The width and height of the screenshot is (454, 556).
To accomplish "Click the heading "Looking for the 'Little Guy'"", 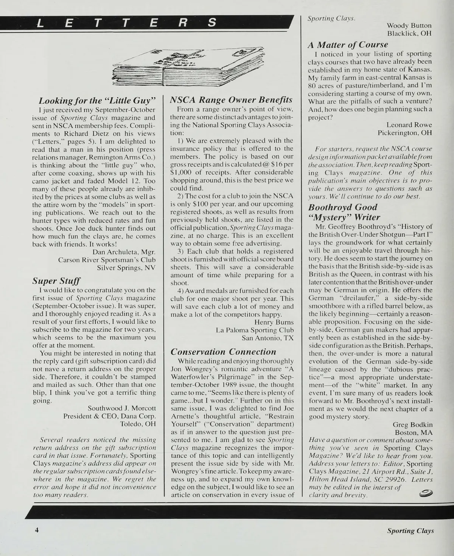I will click(x=98, y=101).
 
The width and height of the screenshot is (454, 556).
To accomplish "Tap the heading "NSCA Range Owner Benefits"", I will click(x=231, y=100).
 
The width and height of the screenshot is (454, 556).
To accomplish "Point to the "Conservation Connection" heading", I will click(x=224, y=351).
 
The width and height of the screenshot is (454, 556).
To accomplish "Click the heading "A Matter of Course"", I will click(x=348, y=44).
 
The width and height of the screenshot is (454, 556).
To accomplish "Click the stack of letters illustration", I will click(x=189, y=67).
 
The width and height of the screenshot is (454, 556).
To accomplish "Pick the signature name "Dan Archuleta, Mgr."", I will click(x=124, y=252).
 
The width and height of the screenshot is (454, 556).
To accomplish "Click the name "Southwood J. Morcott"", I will click(x=122, y=408).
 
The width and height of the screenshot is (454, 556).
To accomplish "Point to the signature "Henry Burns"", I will click(x=274, y=322).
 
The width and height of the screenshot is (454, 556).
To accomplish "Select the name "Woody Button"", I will click(x=409, y=25).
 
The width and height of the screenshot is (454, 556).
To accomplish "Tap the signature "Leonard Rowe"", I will click(x=409, y=125).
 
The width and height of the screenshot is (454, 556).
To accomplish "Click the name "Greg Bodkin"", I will click(x=413, y=425).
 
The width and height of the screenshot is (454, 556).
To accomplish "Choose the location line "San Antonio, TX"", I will click(x=267, y=338).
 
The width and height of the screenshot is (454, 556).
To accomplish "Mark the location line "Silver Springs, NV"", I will click(x=126, y=268).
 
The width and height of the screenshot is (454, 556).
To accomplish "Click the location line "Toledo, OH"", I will click(x=138, y=424).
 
